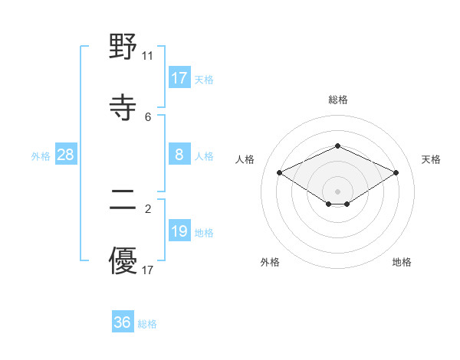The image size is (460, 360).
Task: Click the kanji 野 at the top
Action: (123, 48)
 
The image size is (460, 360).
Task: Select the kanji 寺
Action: (123, 107)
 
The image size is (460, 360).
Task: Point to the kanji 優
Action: (123, 260)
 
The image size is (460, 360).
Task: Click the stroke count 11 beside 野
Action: (148, 56)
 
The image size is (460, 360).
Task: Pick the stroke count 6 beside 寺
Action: (148, 116)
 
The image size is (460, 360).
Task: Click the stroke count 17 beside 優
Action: (148, 270)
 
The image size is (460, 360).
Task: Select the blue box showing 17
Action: (179, 77)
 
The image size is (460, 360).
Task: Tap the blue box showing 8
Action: (179, 155)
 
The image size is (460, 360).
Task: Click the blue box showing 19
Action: (179, 231)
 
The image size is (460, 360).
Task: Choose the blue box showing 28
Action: (66, 155)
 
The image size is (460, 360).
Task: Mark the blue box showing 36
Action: (122, 322)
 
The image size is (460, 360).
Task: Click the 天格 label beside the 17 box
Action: (203, 79)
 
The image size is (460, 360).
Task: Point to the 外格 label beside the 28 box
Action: (41, 156)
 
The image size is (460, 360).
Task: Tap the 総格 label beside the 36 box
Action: (147, 324)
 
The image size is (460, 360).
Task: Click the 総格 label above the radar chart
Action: (337, 100)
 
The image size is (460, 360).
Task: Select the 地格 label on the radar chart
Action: (402, 262)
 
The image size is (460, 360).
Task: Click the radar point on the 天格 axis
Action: (396, 172)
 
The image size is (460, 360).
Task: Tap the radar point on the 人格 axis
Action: (279, 172)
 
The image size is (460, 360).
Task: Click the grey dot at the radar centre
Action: (337, 191)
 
